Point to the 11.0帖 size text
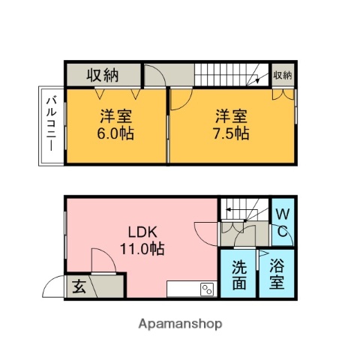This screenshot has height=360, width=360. pos(140,248)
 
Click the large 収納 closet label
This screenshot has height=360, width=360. pos(103,74)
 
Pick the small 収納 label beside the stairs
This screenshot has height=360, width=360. pos(282,75)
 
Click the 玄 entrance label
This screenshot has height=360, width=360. pos(78,286)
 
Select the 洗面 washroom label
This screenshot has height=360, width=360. pos(238,274)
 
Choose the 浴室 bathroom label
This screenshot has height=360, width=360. pos(277,274)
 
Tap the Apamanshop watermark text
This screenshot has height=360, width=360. pos(180,324)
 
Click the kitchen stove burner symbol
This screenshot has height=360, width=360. pos(207,289)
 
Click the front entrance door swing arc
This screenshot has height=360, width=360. pos(54,286)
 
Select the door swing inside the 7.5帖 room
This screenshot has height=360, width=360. pos(180,100)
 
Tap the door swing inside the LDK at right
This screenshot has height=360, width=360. pos(206,233)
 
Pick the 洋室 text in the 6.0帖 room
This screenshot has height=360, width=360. pos(115,117)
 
